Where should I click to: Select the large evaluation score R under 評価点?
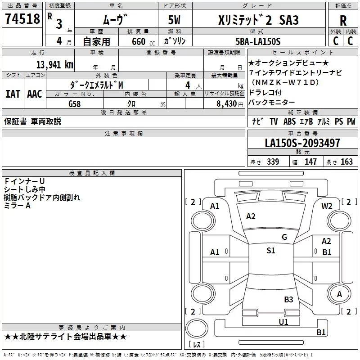pos(343,21)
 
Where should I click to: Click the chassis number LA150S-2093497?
pos(302,144)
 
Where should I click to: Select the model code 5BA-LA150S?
pos(258,41)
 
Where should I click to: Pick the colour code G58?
pos(75,103)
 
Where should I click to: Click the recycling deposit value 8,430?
pos(227,103)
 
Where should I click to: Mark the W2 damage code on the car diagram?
pos(327,206)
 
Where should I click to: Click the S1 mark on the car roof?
pos(270,251)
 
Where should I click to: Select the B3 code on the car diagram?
pos(288,299)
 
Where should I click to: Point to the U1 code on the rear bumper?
pos(283,322)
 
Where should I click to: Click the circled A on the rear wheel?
pos(339,294)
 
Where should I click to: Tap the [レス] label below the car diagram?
pos(196,345)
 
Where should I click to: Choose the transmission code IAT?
pos(13,94)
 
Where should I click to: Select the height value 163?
pos(346,162)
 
